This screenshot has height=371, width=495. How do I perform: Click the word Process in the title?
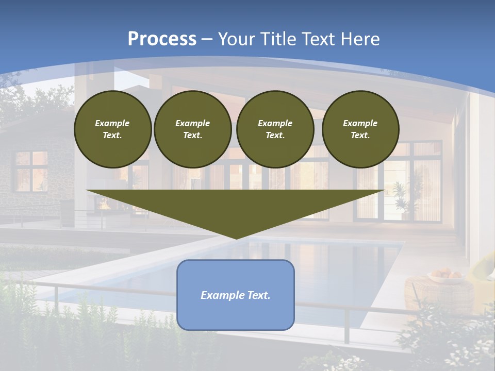(x=162, y=39)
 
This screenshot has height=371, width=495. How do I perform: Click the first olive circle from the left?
(x=112, y=129)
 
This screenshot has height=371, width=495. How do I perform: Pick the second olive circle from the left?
(x=192, y=129)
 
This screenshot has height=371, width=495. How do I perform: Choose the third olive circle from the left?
(x=275, y=129)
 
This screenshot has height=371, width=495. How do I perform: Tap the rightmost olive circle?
(x=360, y=129)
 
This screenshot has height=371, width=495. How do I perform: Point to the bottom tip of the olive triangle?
(x=236, y=238)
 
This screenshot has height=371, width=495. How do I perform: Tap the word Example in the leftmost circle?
(x=112, y=123)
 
